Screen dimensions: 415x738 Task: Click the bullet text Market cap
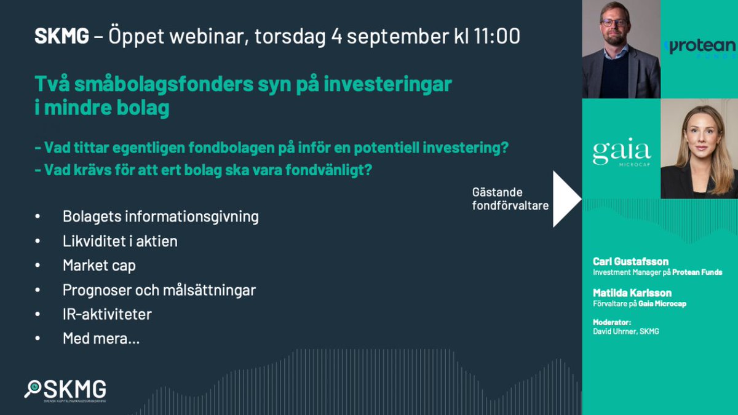(99, 265)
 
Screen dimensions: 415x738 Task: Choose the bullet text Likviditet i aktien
(120, 241)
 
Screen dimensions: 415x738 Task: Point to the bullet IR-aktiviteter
(107, 314)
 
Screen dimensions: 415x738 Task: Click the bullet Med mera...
(101, 338)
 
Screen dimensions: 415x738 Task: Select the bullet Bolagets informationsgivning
(161, 216)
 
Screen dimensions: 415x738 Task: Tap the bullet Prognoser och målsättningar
(159, 290)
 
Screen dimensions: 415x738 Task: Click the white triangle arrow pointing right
(566, 199)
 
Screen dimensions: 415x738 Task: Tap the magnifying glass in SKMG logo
(33, 389)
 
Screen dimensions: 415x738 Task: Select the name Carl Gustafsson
(630, 261)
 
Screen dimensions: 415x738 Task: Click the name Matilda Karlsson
(632, 293)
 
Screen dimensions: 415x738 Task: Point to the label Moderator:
(611, 322)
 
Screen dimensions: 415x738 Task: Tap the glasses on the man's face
(614, 23)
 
